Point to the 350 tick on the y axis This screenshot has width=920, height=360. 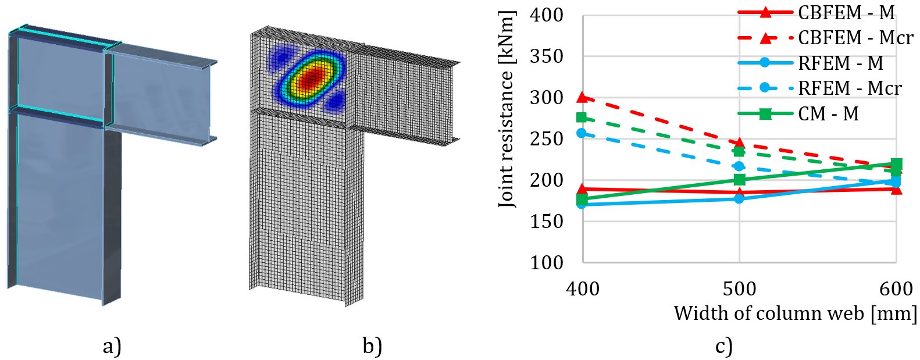[x=546, y=56]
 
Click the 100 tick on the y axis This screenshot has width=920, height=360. [x=546, y=262]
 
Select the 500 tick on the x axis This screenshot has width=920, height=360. [x=739, y=288]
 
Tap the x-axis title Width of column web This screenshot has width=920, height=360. [x=794, y=313]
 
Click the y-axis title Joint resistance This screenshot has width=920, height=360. [x=507, y=109]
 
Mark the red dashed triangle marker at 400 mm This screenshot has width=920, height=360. [x=582, y=97]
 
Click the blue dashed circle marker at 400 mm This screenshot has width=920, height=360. [x=582, y=133]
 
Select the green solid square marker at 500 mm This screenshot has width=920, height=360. [x=739, y=180]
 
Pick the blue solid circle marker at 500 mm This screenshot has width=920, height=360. [x=739, y=198]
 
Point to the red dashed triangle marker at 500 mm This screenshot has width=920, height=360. [x=739, y=142]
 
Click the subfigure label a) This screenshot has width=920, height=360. [x=112, y=346]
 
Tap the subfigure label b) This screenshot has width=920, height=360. [x=372, y=346]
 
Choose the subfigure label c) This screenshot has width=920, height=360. [x=723, y=346]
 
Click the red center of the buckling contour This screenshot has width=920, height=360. [x=310, y=78]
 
